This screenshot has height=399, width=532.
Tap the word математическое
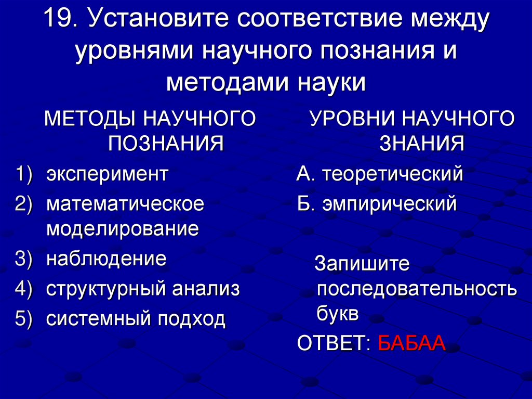click(x=125, y=203)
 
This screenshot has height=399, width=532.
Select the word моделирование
click(x=123, y=228)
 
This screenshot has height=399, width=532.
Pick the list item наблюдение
click(x=107, y=259)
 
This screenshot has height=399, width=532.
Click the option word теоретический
click(x=392, y=174)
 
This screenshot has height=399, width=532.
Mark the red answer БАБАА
click(x=411, y=343)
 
